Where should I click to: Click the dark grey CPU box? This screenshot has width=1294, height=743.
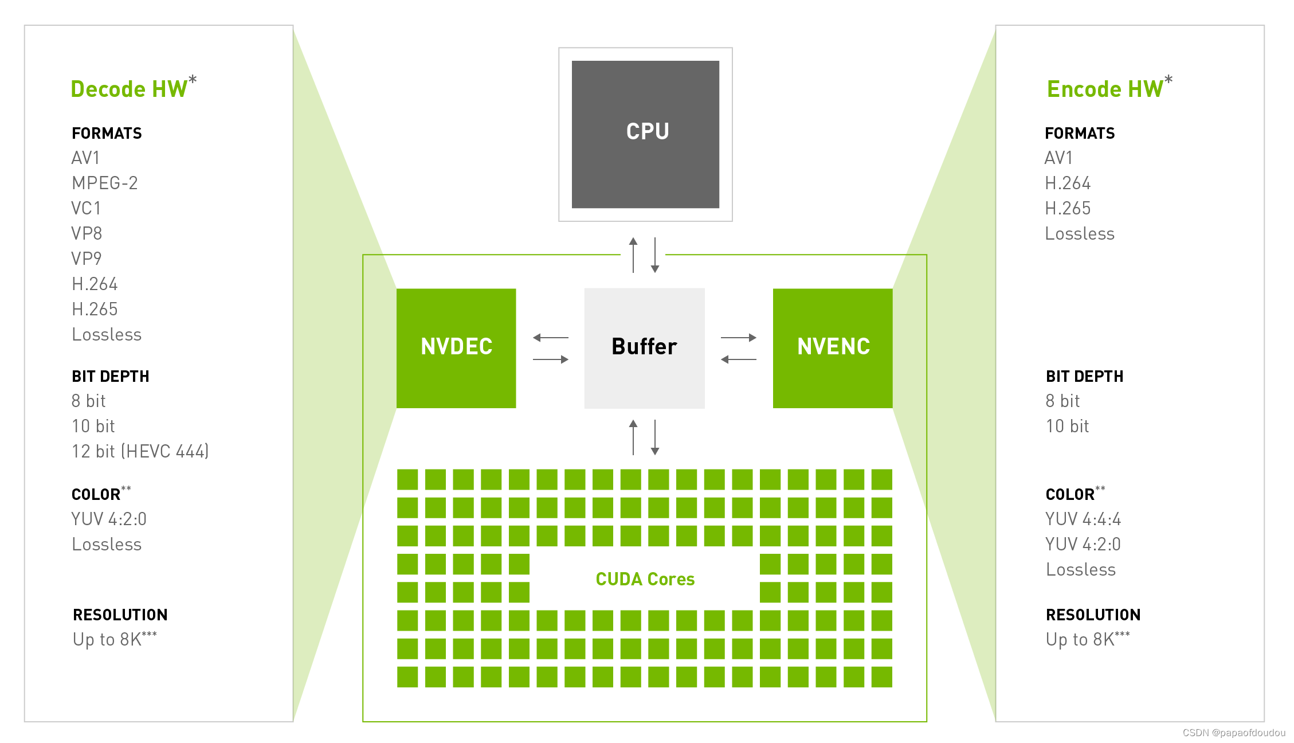point(645,134)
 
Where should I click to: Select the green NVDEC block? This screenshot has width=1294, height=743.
point(456,348)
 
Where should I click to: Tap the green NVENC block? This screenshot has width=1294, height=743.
point(833,348)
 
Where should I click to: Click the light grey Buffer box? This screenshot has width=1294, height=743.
point(644,348)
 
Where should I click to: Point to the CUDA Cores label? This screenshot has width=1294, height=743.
point(645,579)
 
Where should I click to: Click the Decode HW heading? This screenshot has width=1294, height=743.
point(130,89)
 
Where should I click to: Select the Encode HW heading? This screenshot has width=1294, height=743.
point(1105,89)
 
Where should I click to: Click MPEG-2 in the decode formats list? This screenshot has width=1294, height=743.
point(105,183)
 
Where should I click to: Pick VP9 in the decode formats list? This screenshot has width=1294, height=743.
point(87,259)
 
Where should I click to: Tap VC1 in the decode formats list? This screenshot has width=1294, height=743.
point(86,208)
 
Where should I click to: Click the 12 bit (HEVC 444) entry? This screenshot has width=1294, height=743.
point(140,451)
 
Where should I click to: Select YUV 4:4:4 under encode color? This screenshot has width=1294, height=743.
point(1083,519)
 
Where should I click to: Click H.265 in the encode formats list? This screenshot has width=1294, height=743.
point(1068,208)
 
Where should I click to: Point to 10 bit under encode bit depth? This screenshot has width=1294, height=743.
point(1067,426)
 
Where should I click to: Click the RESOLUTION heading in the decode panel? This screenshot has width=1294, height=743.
point(120,615)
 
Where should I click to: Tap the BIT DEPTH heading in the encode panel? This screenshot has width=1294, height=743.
point(1084,377)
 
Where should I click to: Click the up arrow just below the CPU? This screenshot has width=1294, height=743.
point(633,255)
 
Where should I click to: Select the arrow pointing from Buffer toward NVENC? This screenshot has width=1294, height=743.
point(739,338)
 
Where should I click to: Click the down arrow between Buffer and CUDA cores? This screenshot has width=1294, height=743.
point(655,437)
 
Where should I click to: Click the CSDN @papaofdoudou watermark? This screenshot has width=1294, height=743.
point(1233,733)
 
